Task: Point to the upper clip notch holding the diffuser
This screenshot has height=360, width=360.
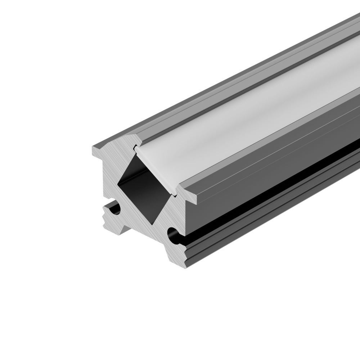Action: pos(135,147)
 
